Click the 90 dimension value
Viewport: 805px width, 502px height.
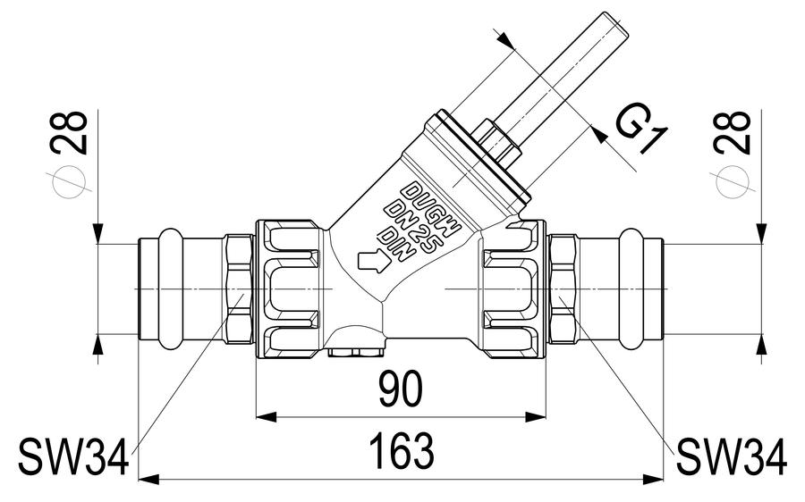pyautogui.click(x=401, y=389)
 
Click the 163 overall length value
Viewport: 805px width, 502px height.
pyautogui.click(x=402, y=451)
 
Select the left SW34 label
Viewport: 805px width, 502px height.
pyautogui.click(x=73, y=456)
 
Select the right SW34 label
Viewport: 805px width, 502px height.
pyautogui.click(x=732, y=456)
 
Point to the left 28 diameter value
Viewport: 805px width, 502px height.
pyautogui.click(x=69, y=132)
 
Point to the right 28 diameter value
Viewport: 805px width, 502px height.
pyautogui.click(x=733, y=132)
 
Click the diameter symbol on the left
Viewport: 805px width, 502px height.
pyautogui.click(x=69, y=182)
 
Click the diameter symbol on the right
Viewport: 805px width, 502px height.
pyautogui.click(x=732, y=182)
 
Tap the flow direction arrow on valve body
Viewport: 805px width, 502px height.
pyautogui.click(x=374, y=260)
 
